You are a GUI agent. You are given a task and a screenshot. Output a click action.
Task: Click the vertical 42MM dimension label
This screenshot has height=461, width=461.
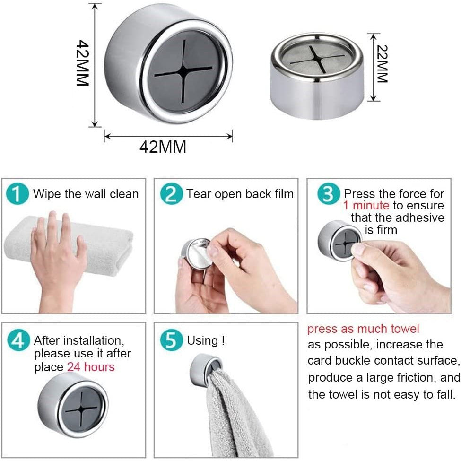[83, 63]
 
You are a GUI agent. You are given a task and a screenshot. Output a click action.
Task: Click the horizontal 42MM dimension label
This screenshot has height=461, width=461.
[163, 147]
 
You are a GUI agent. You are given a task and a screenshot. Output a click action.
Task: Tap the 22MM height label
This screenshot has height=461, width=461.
[382, 64]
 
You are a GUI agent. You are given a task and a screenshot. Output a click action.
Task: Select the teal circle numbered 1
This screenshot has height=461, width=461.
[17, 194]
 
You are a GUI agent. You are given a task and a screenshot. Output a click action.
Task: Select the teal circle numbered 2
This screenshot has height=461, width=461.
[171, 194]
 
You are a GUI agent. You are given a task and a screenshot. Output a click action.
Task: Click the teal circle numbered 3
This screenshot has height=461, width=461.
[328, 194]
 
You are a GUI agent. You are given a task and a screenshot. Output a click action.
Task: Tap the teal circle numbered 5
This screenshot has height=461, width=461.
[171, 340]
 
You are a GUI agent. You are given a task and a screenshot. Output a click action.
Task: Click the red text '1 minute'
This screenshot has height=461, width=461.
[366, 206]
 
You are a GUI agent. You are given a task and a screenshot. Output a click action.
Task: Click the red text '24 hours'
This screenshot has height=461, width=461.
[91, 367]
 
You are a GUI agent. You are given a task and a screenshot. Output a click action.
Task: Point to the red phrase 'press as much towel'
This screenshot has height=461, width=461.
[363, 329]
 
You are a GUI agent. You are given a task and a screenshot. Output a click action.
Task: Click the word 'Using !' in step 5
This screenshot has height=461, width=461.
[206, 340]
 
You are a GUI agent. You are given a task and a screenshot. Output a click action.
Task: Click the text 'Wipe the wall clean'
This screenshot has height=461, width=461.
[86, 194]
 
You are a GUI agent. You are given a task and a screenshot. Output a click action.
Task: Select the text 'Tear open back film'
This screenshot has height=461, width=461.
[240, 194]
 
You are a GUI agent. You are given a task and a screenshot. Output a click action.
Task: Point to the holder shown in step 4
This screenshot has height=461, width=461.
[72, 404]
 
